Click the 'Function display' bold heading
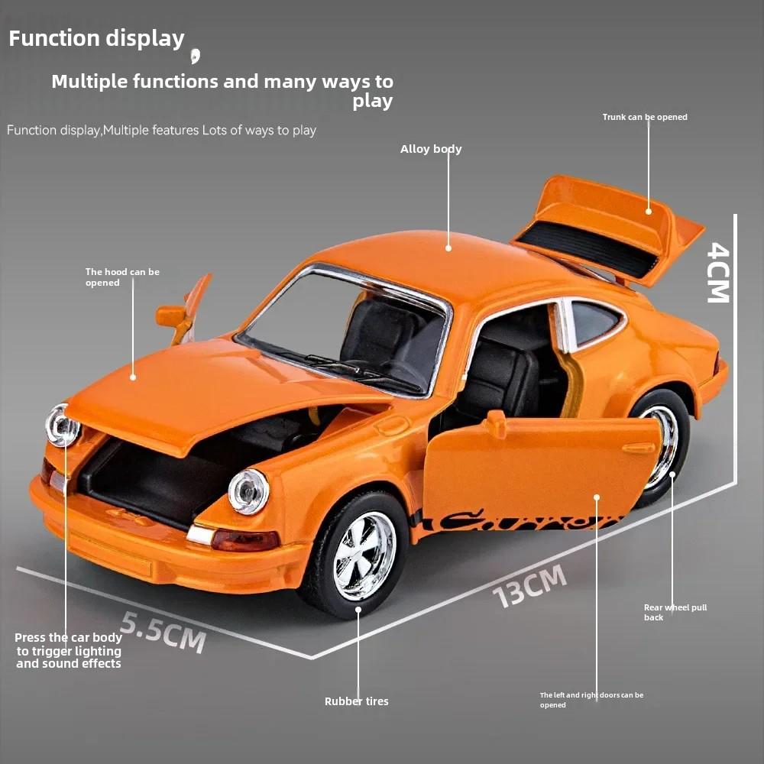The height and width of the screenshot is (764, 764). click(x=96, y=39)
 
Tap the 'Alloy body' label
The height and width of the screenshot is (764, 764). click(x=431, y=149)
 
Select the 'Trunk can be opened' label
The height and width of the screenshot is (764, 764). click(x=645, y=117)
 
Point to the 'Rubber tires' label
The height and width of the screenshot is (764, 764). click(x=357, y=701)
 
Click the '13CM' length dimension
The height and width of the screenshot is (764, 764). click(x=529, y=586)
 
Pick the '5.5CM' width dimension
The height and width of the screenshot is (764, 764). click(x=163, y=633)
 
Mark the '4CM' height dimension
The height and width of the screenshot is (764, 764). click(x=719, y=273)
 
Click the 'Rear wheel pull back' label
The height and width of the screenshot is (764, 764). click(x=675, y=613)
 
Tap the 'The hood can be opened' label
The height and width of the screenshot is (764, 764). click(x=122, y=277)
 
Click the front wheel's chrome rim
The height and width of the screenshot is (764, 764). click(x=364, y=556)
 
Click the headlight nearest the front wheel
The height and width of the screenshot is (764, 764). click(x=248, y=491)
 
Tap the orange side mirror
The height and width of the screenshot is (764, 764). click(x=171, y=316)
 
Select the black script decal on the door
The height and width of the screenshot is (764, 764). click(x=516, y=521)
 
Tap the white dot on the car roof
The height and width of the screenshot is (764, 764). click(x=448, y=248)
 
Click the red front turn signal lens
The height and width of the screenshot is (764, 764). click(x=245, y=541)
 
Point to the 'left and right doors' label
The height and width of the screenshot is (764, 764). click(x=591, y=700)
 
